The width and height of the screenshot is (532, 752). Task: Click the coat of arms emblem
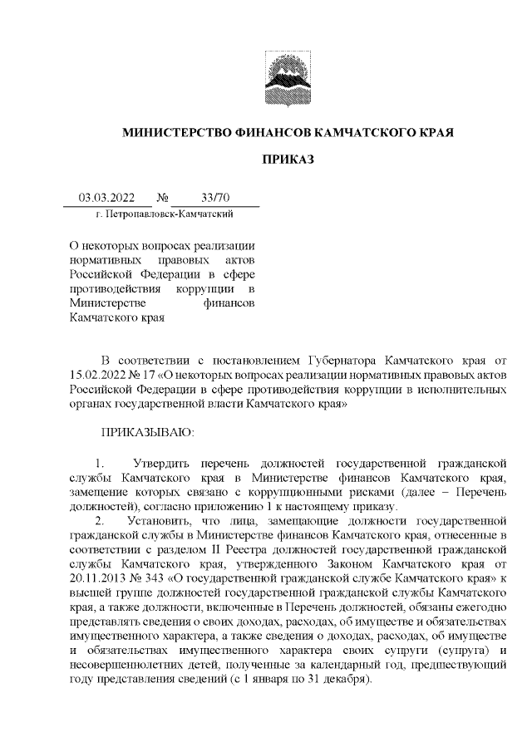pos(288,76)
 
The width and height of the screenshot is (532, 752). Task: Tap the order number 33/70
pos(215,198)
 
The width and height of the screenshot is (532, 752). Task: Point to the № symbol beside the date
pos(162,198)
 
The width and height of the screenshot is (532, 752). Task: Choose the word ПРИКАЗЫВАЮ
pos(146,432)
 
